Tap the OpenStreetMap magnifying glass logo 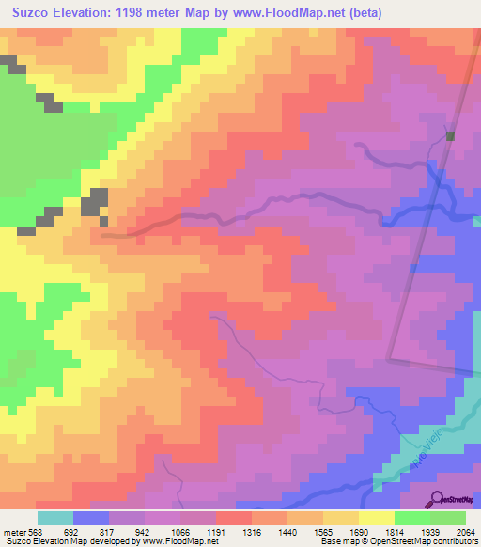tap(438, 498)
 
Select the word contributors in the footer tap(454, 541)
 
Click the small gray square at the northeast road tap(451, 135)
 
